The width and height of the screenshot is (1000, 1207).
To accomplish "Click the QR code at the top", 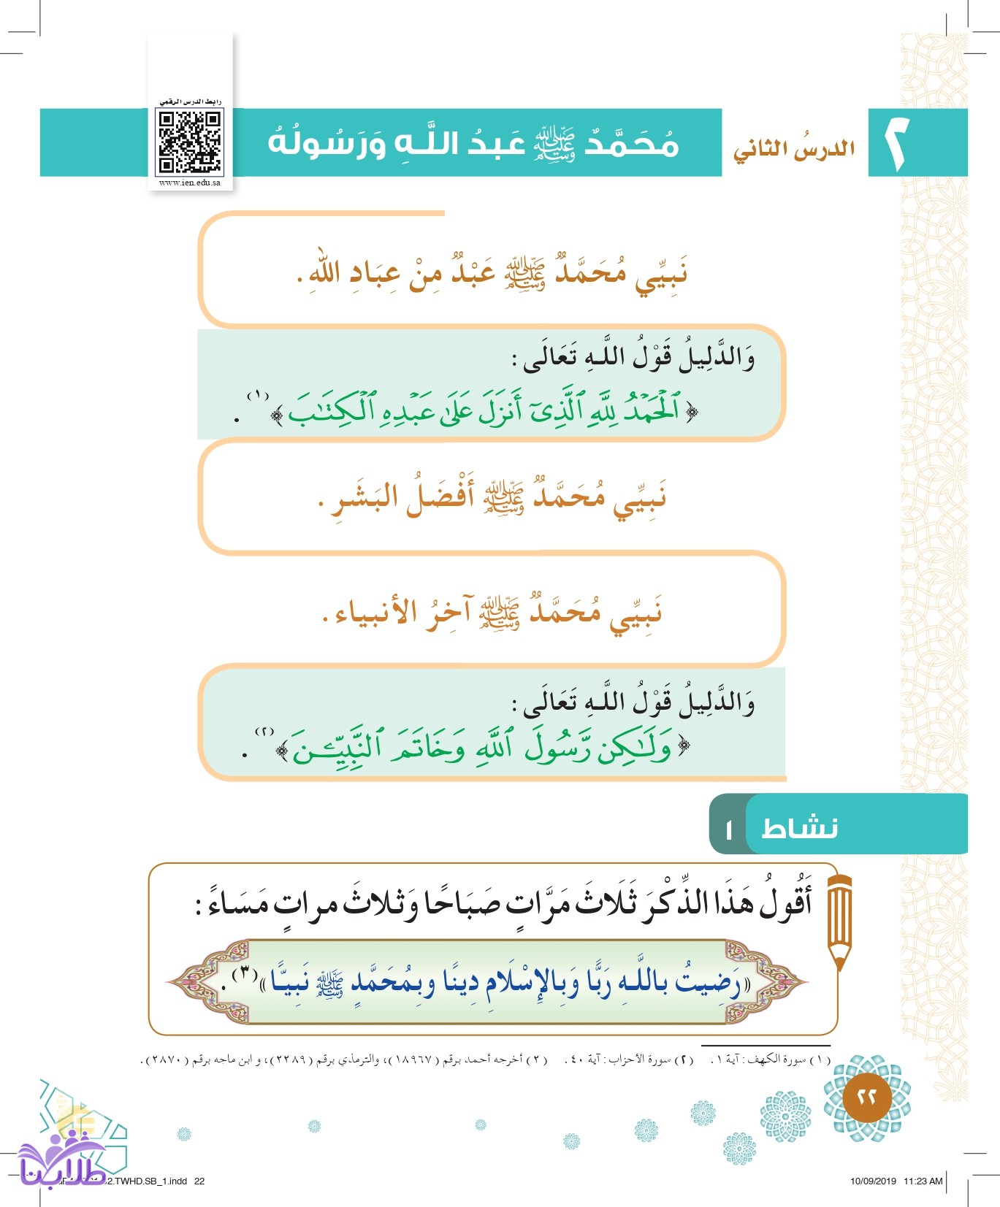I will coord(190,142).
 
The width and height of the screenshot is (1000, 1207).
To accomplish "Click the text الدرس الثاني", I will coord(794,149).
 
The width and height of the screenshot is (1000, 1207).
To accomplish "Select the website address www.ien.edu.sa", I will coord(190,183).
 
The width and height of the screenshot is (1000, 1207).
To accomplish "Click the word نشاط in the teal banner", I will coord(799,828).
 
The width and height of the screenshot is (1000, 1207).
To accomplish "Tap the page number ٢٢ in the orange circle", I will coord(867,1097).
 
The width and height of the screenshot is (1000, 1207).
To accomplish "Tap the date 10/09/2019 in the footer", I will coord(873,1181).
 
